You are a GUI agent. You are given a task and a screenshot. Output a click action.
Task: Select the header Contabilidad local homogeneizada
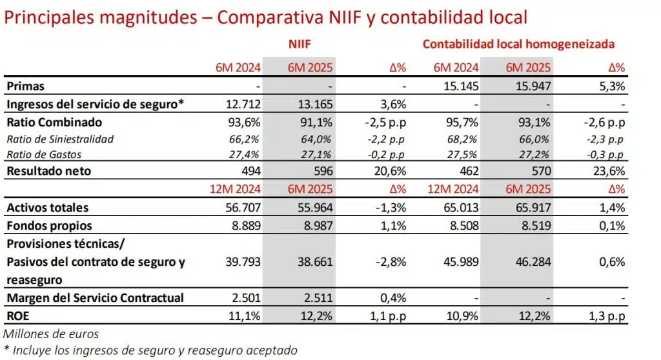(518, 45)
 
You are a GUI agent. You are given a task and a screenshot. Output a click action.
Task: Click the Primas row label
(26, 86)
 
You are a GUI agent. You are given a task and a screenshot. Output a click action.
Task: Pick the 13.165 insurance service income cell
(316, 104)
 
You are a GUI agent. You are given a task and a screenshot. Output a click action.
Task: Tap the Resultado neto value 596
(322, 171)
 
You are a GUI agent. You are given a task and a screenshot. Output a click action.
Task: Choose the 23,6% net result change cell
(610, 171)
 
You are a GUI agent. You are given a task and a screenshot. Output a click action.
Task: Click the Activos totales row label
(47, 208)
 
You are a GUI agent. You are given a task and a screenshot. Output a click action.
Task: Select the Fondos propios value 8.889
(244, 226)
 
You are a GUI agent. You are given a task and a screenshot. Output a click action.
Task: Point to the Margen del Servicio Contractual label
(95, 297)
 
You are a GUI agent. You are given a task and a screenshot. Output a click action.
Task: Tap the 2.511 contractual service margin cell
(317, 297)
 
